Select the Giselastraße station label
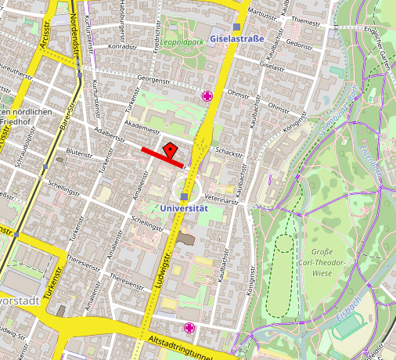(238, 38)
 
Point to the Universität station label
(183, 208)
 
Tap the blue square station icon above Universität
(184, 196)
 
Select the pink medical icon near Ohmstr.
(207, 96)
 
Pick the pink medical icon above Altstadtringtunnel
(189, 327)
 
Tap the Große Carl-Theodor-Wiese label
(322, 263)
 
